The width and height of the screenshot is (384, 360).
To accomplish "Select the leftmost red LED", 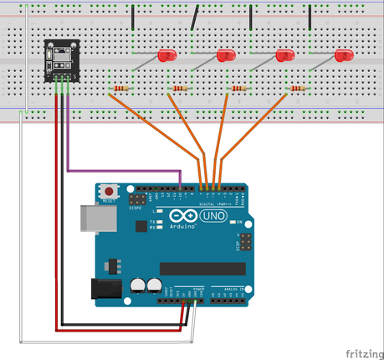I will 167,56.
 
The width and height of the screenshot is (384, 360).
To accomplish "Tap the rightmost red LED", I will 343,56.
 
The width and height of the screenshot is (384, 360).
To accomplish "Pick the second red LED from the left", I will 226,56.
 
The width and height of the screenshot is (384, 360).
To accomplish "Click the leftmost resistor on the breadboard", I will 122,89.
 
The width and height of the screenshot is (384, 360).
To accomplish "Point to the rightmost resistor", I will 298,89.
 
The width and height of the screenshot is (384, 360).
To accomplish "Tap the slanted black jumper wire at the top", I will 196,17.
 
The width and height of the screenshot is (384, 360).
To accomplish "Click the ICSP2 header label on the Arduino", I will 133,208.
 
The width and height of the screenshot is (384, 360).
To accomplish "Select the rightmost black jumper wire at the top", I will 310,17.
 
